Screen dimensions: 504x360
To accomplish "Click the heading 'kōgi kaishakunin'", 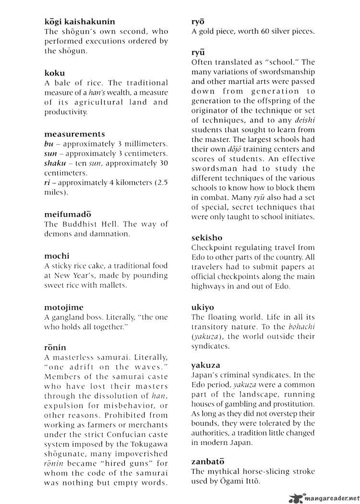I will [80, 22].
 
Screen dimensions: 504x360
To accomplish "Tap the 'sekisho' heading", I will [206, 238].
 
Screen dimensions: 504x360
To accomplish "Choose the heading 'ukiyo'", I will [203, 307].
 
